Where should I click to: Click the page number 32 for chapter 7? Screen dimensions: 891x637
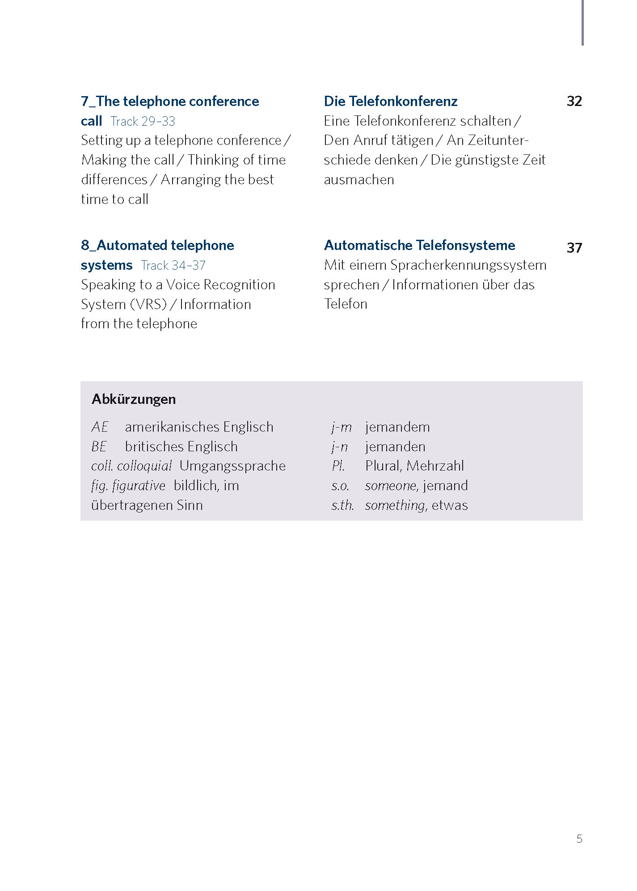point(574,101)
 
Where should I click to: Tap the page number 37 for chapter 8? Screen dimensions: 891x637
point(574,247)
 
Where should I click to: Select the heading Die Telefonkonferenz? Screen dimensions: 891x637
point(390,101)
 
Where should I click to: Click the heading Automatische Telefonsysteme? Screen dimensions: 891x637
point(419,245)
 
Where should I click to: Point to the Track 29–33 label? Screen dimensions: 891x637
point(143,121)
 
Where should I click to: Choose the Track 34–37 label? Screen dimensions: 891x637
point(173,265)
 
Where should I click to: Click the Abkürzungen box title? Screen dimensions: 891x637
point(134,399)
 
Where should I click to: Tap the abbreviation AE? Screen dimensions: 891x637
point(100,427)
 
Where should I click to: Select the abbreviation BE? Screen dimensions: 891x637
point(99,446)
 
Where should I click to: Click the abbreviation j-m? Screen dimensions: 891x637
point(342,427)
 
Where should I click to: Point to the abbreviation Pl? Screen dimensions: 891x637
point(338,466)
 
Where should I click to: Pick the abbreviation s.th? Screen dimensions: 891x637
point(342,505)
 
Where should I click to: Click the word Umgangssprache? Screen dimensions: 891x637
point(232,466)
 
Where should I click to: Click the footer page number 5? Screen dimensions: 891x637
point(579,839)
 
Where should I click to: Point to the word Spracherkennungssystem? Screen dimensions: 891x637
point(468,265)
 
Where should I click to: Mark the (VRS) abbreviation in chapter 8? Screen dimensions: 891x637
point(148,304)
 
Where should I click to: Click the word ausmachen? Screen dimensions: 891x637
point(359,180)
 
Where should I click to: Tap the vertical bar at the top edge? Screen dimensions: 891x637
point(582,22)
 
